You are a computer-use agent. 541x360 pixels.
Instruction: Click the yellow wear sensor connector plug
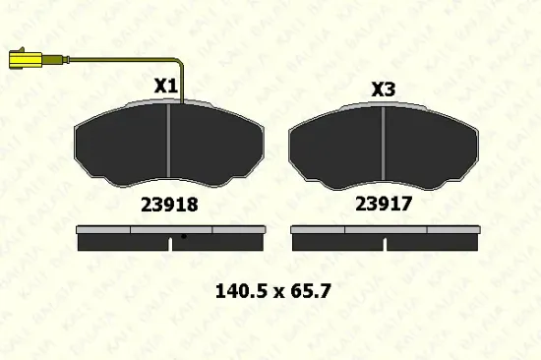26,59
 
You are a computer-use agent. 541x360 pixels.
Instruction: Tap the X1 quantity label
165,86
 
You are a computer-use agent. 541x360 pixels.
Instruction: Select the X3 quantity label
383,90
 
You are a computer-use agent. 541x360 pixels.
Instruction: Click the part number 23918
169,205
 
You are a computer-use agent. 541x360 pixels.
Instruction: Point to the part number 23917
384,204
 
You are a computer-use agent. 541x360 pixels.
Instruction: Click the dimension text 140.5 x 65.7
272,291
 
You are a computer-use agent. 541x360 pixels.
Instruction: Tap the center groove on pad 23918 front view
168,140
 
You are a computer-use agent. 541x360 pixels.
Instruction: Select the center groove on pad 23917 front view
383,144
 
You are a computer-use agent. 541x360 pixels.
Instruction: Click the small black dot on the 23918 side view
184,236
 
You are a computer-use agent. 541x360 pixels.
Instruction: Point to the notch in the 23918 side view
170,244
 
